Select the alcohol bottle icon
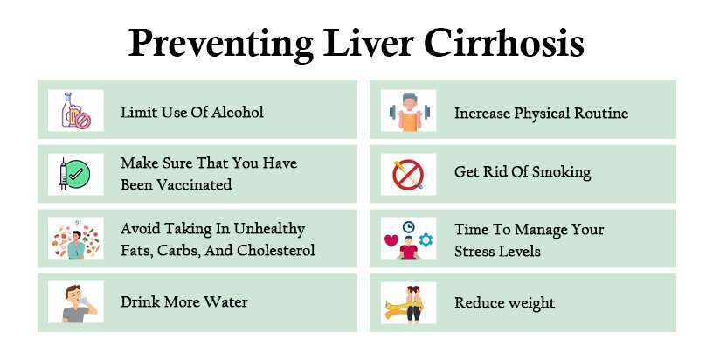point(75,111)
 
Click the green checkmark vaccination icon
point(75,174)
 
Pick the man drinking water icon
point(75,302)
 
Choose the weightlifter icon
point(407,111)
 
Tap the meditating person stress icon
point(407,239)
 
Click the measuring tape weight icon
point(407,302)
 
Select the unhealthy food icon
point(75,239)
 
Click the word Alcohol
point(235,112)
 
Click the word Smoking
point(559,172)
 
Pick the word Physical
point(549,112)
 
